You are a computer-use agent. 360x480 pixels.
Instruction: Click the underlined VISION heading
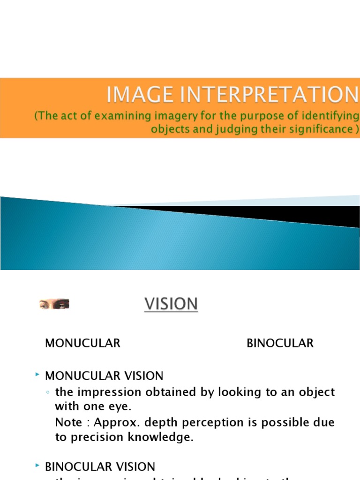pos(171,304)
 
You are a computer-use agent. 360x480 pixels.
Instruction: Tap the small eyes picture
pos(54,305)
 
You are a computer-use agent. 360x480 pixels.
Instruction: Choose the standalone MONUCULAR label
pos(82,344)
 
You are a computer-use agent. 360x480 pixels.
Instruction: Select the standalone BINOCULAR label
pos(280,344)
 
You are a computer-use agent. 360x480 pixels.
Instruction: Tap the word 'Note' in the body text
pos(68,422)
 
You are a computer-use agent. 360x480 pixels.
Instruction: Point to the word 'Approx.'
pos(112,422)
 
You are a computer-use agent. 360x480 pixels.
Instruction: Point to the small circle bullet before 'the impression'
pos(48,392)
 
